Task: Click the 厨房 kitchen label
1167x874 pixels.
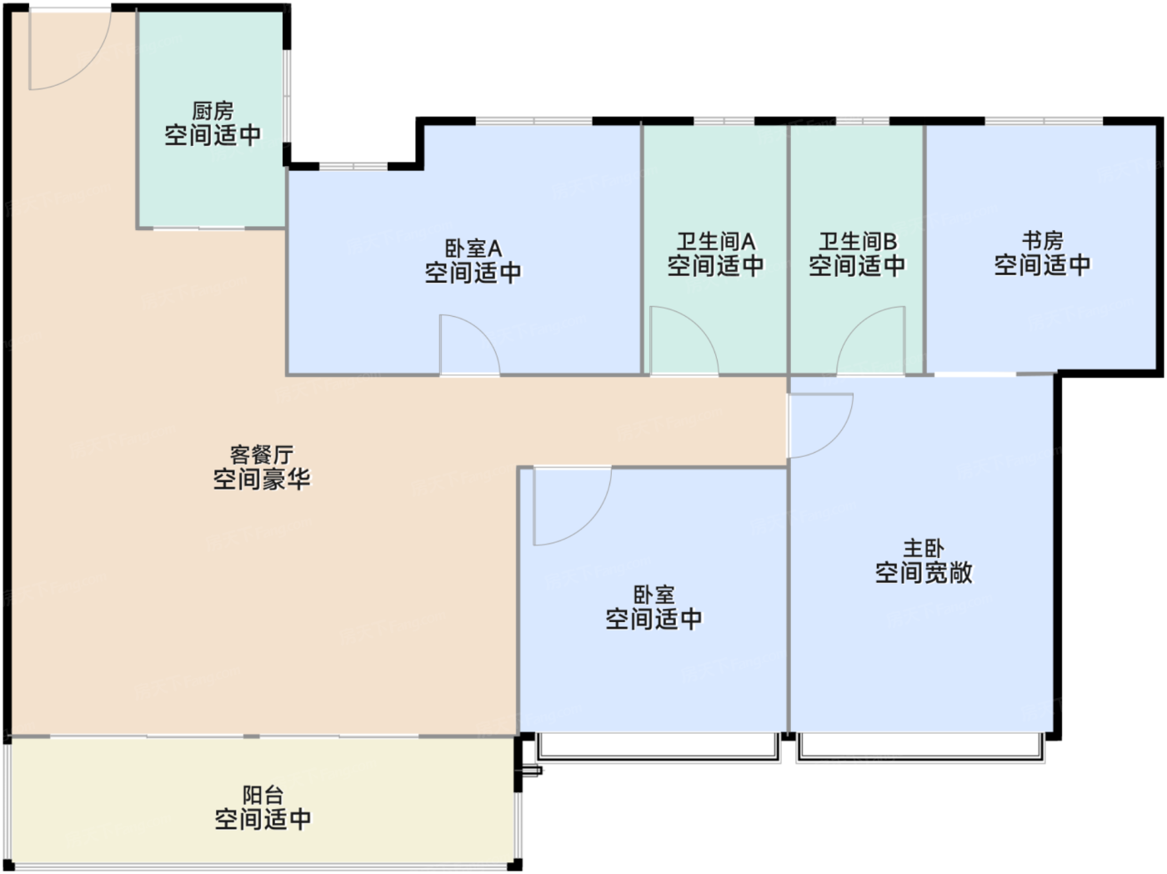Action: coord(213,111)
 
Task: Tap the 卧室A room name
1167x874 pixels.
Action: coord(473,249)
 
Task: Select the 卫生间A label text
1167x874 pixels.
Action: coord(715,242)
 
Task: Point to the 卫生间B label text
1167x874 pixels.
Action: coord(857,242)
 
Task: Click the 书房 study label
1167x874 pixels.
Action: coord(1042,241)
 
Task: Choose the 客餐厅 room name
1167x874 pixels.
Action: coord(261,455)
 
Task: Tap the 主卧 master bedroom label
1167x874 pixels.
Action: coord(924,548)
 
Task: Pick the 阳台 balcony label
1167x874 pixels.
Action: coord(263,795)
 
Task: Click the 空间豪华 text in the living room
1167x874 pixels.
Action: coord(261,480)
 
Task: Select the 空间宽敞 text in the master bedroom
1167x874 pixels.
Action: coord(924,573)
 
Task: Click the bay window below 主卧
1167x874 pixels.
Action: coord(920,748)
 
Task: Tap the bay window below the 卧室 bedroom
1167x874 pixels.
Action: coord(659,748)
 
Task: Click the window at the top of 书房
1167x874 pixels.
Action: coord(1044,122)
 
